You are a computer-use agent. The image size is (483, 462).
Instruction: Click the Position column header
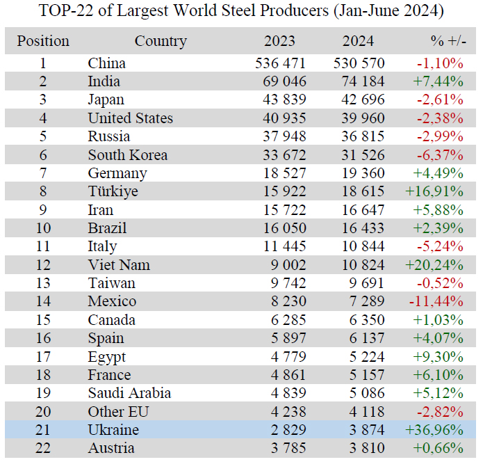[x=43, y=41]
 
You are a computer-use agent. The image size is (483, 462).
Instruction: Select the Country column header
[x=161, y=42]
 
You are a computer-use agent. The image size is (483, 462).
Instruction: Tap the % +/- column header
[x=448, y=41]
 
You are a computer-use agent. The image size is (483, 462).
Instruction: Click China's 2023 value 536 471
[x=280, y=63]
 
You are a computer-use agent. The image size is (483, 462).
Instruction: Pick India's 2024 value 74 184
[x=363, y=81]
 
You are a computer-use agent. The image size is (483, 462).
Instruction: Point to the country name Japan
[x=106, y=100]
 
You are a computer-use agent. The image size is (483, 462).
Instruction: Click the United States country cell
[x=131, y=118]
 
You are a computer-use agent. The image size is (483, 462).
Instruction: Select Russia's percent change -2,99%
[x=440, y=136]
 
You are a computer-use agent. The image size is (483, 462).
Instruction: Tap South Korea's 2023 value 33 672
[x=285, y=155]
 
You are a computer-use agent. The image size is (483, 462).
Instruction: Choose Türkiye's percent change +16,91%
[x=434, y=191]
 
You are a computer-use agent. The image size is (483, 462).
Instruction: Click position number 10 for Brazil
[x=43, y=228]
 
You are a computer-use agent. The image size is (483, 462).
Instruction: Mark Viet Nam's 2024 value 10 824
[x=363, y=265]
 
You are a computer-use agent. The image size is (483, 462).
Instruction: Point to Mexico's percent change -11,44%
[x=436, y=301]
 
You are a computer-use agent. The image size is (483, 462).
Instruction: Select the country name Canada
[x=111, y=320]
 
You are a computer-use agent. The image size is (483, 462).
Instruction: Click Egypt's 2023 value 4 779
[x=288, y=357]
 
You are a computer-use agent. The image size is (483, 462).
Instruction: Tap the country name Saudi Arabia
[x=129, y=393]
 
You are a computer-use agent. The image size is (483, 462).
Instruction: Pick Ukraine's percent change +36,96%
[x=434, y=430]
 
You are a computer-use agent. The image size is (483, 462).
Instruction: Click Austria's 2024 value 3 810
[x=367, y=448]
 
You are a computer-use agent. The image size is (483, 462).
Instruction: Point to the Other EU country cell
[x=118, y=412]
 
